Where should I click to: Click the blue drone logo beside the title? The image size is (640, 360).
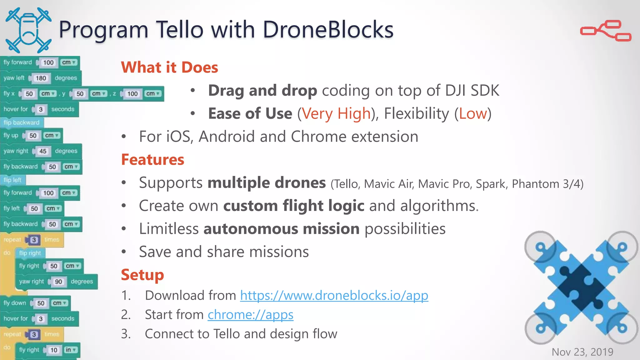(28, 30)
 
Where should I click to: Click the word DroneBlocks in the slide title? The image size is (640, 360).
(328, 30)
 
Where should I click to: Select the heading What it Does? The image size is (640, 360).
(169, 67)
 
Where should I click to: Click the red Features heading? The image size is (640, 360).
(152, 160)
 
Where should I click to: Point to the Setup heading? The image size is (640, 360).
(142, 275)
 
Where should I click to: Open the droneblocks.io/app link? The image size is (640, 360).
(334, 295)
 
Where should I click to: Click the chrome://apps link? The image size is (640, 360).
(250, 315)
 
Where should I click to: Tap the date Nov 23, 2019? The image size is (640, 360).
(582, 352)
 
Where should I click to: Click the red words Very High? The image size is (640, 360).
(336, 113)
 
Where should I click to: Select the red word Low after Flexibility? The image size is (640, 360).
(473, 113)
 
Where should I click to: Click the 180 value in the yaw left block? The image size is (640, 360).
(41, 78)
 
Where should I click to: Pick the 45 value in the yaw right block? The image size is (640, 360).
(43, 151)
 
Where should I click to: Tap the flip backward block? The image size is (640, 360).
(22, 122)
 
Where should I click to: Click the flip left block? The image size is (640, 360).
(13, 180)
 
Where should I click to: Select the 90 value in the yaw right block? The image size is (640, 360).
(58, 282)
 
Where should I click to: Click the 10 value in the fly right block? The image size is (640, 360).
(54, 350)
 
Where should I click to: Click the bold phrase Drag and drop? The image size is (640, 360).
(262, 91)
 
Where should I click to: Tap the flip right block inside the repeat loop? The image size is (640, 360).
(30, 253)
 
